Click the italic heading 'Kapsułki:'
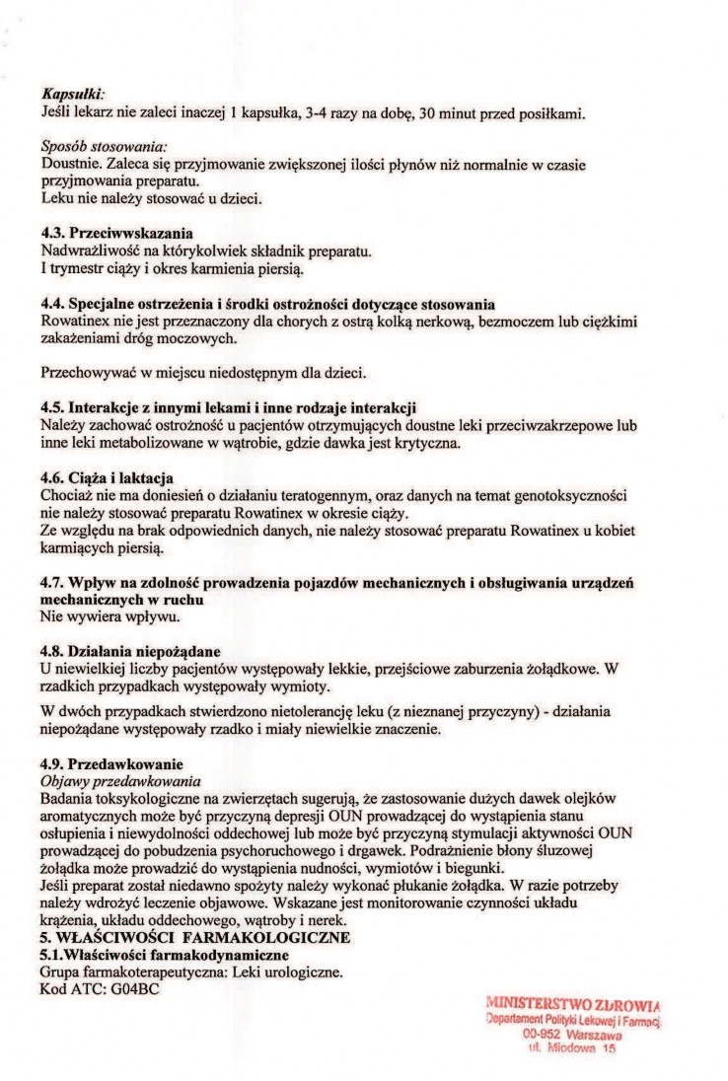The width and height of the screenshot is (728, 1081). click(x=67, y=93)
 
